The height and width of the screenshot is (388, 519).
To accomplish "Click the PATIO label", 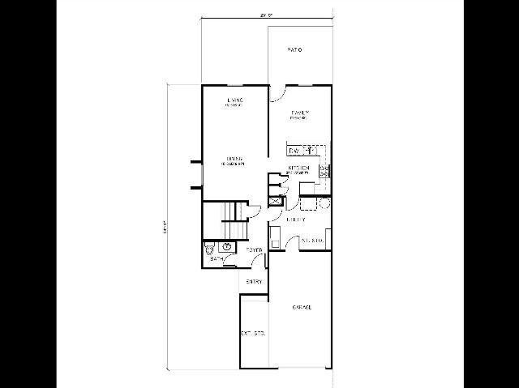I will click(x=294, y=50).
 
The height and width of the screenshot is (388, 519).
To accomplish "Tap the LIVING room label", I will click(x=235, y=100).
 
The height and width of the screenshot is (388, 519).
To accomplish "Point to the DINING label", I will click(x=234, y=159).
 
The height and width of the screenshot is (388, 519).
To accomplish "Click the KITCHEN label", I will click(x=299, y=168).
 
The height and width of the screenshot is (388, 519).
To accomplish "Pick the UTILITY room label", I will click(x=295, y=220).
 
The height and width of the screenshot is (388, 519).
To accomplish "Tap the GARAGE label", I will click(x=302, y=307).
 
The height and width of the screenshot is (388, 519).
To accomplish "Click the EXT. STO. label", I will click(x=252, y=333).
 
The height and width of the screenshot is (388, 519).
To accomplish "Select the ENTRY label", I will click(x=255, y=281).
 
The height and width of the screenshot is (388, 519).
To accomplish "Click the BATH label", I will click(x=217, y=258).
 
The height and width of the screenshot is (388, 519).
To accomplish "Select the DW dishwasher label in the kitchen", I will click(x=295, y=151).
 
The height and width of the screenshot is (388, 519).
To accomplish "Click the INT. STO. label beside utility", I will click(x=313, y=240).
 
